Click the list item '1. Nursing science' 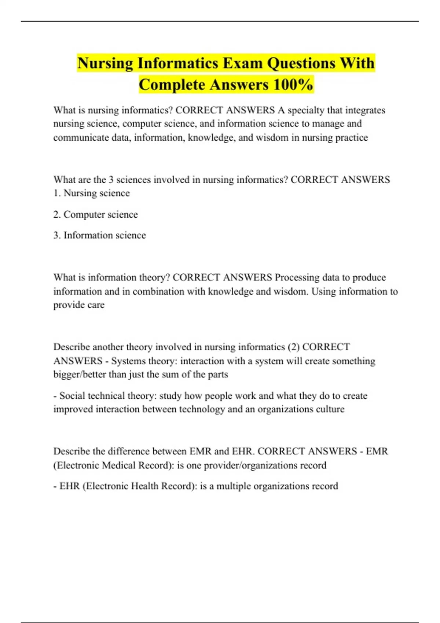pos(91,193)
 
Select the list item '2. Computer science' pos(95,214)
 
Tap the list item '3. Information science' pos(99,235)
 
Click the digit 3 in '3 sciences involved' pos(111,180)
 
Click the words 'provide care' pos(79,305)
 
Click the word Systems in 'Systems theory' pos(126,361)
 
